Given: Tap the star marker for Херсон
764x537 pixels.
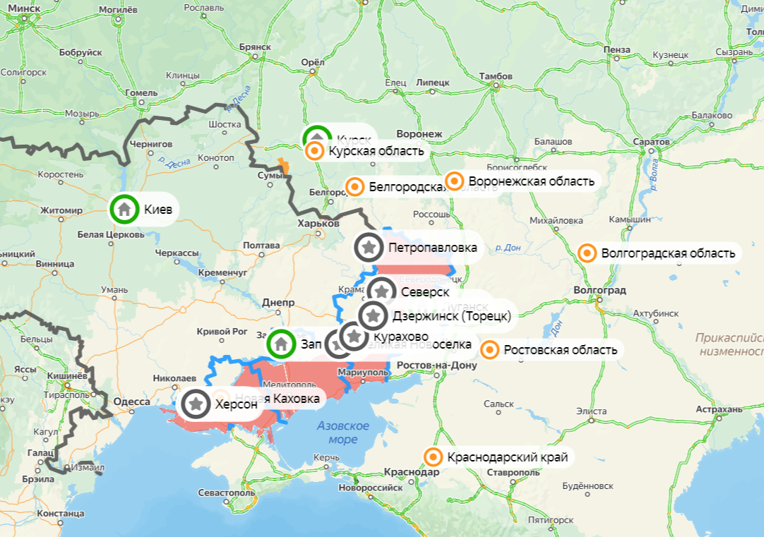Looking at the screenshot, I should pyautogui.click(x=197, y=404).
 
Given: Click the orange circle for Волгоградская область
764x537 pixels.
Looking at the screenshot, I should pyautogui.click(x=586, y=253).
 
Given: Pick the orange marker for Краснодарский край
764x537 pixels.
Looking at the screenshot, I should pyautogui.click(x=432, y=457).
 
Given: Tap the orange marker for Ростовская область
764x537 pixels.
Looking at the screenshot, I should pyautogui.click(x=489, y=349).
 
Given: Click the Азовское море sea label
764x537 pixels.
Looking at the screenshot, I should pyautogui.click(x=343, y=432).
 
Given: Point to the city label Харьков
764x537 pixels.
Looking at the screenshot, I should pyautogui.click(x=318, y=223).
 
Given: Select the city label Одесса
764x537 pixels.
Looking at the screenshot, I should pyautogui.click(x=132, y=402).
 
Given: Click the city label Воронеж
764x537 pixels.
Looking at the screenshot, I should pyautogui.click(x=419, y=134).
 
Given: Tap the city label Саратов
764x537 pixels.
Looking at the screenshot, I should pyautogui.click(x=651, y=142).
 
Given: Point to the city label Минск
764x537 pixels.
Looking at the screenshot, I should pyautogui.click(x=23, y=8).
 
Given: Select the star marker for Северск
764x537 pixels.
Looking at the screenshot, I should pyautogui.click(x=382, y=291).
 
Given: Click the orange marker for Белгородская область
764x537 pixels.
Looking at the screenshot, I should pyautogui.click(x=355, y=187).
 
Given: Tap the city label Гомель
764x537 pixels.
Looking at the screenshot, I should pyautogui.click(x=141, y=92).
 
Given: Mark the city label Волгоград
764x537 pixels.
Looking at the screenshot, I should pyautogui.click(x=600, y=290).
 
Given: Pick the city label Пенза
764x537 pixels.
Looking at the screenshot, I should pyautogui.click(x=617, y=49).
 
